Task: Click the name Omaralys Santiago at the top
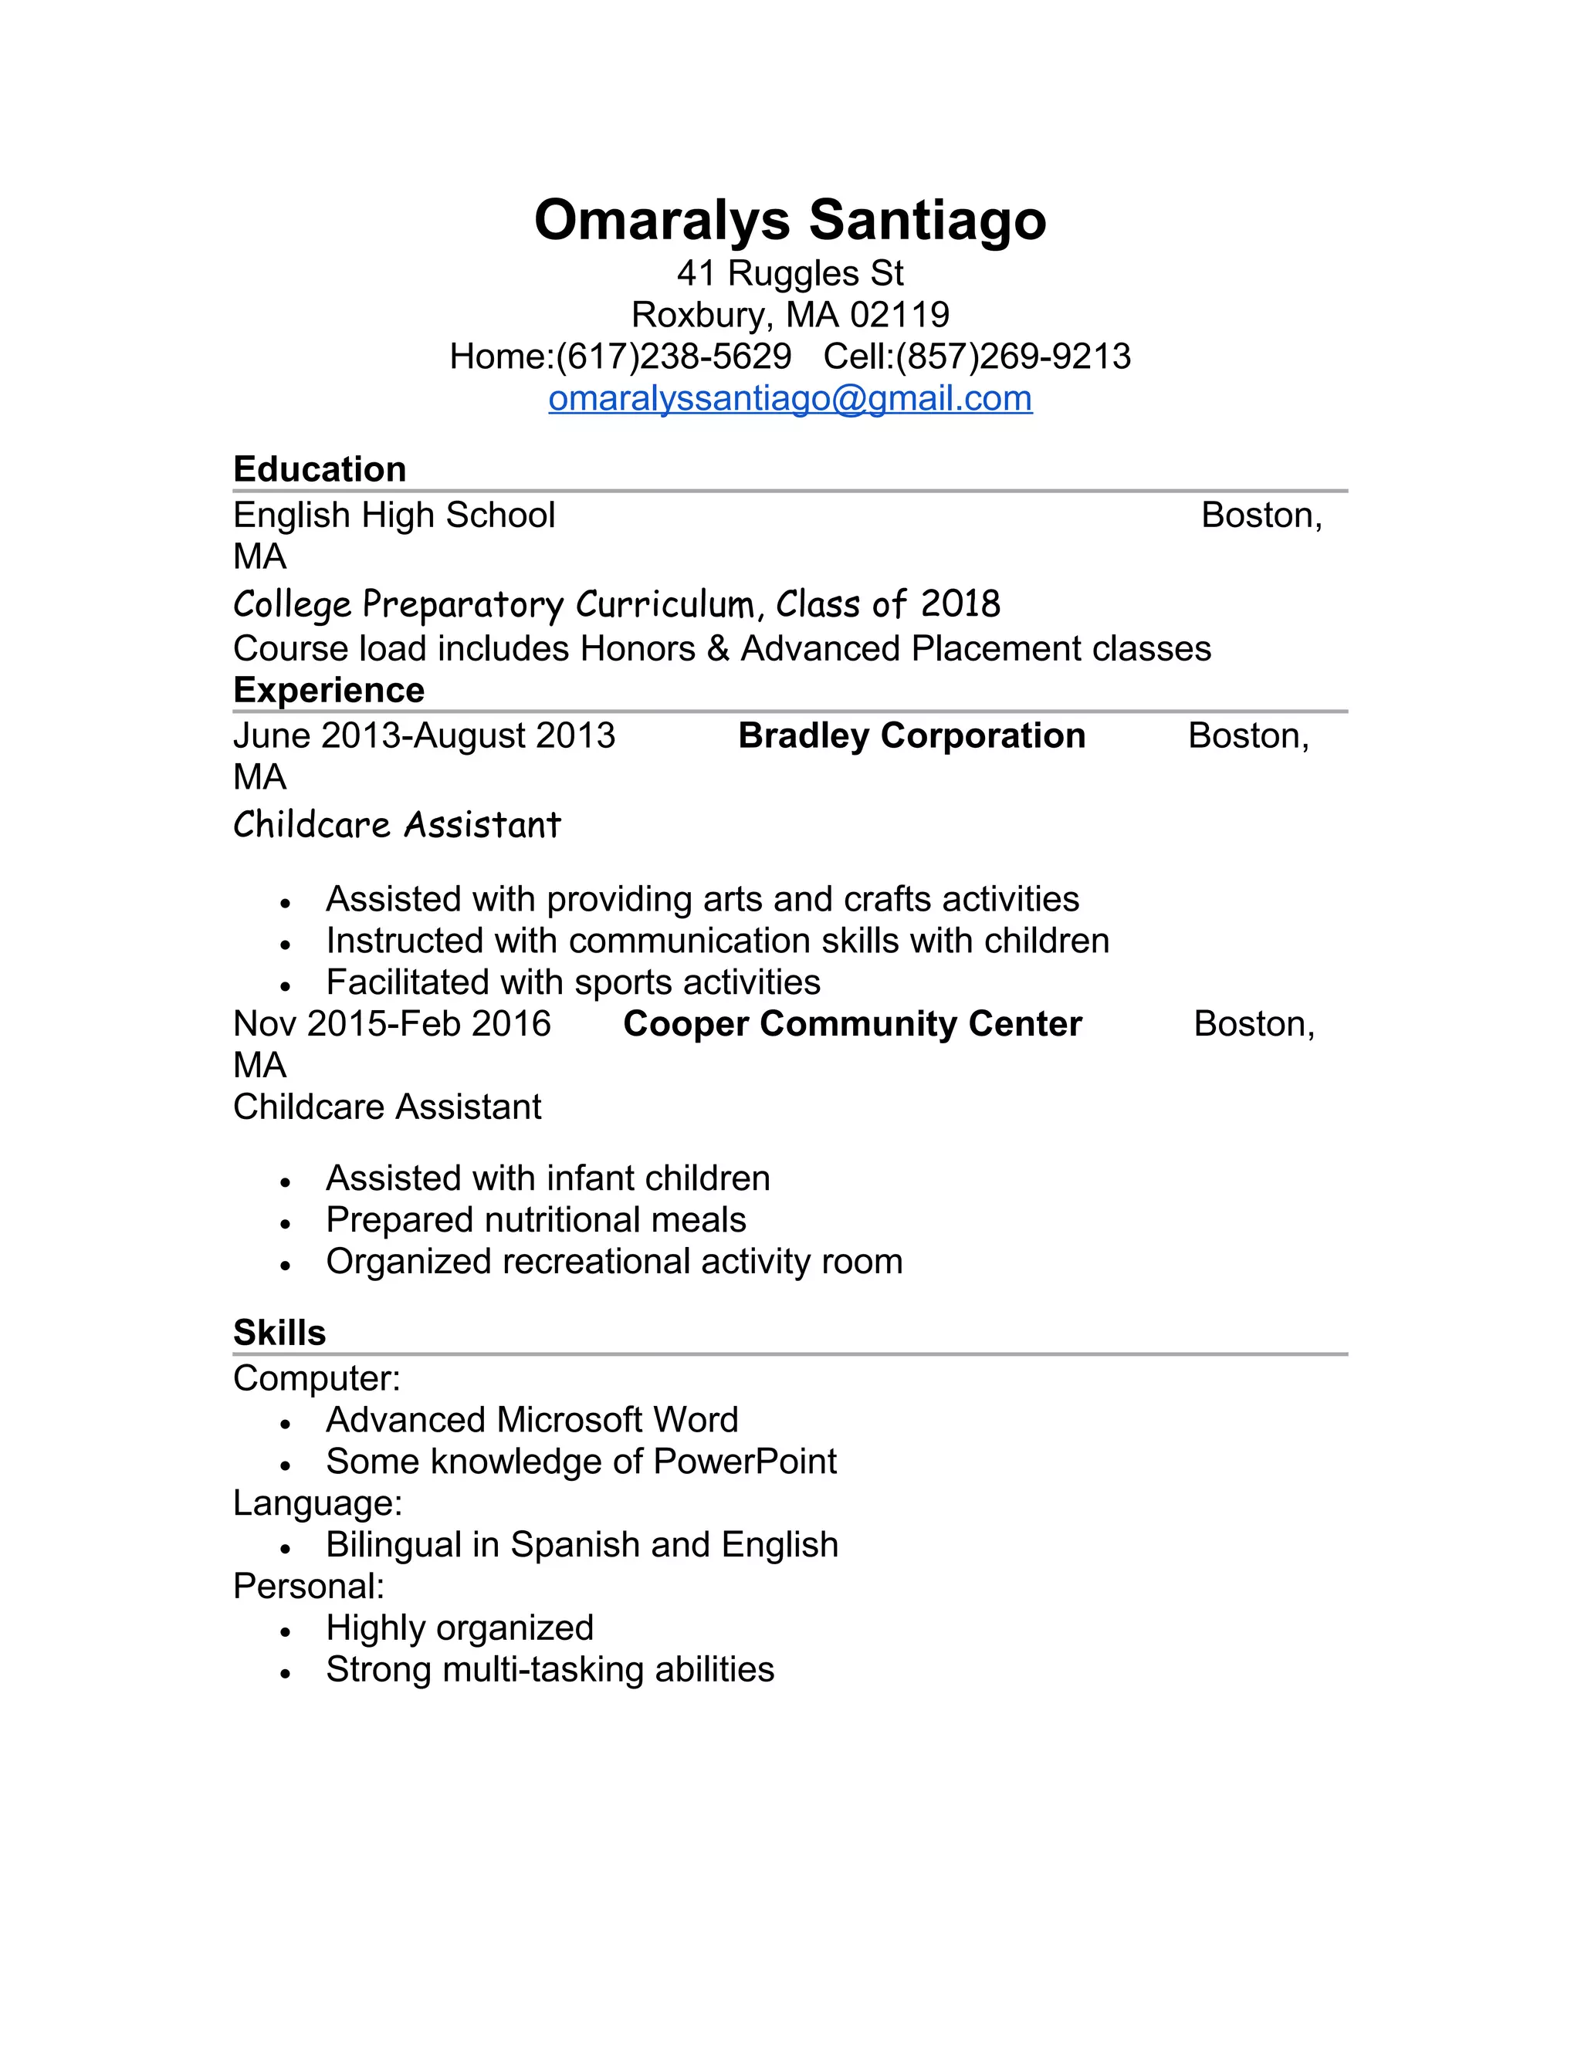(790, 220)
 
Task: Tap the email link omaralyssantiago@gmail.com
(790, 399)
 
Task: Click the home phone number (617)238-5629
(673, 357)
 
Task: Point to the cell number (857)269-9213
(1013, 357)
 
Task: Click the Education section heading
(320, 469)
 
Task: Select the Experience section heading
(329, 690)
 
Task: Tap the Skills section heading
(279, 1333)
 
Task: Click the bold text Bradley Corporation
(912, 736)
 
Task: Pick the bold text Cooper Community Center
(852, 1023)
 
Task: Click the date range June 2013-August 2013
(425, 736)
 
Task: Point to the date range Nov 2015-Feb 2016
(391, 1023)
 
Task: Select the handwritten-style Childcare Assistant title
(397, 825)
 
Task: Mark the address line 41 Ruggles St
(790, 273)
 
